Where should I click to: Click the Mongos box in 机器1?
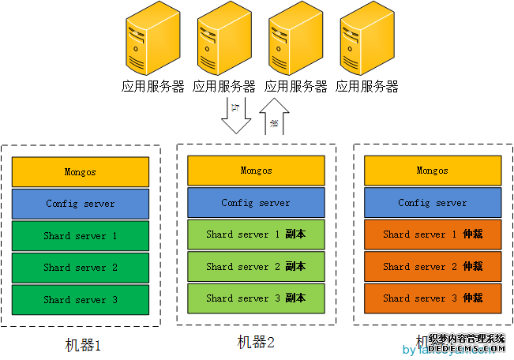(x=81, y=171)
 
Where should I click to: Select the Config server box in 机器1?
(x=81, y=204)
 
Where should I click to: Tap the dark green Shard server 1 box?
(x=81, y=236)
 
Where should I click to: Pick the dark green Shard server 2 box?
(x=81, y=268)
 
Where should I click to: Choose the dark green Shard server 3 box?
(x=81, y=300)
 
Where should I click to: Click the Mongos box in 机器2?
(x=257, y=171)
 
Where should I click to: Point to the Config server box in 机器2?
(x=257, y=203)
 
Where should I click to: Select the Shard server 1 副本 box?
(x=257, y=234)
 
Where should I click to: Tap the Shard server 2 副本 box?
(x=257, y=267)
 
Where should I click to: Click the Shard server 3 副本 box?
(x=257, y=298)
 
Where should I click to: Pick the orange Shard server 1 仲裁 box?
(x=433, y=234)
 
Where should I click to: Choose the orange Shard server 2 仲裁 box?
(x=433, y=267)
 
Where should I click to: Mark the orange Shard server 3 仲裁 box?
(x=433, y=298)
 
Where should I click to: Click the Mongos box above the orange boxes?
(x=433, y=171)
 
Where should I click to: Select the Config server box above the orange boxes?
(x=433, y=203)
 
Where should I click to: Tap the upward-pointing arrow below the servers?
(x=275, y=117)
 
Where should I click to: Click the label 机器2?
(x=257, y=342)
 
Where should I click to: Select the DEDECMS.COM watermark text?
(x=467, y=348)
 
